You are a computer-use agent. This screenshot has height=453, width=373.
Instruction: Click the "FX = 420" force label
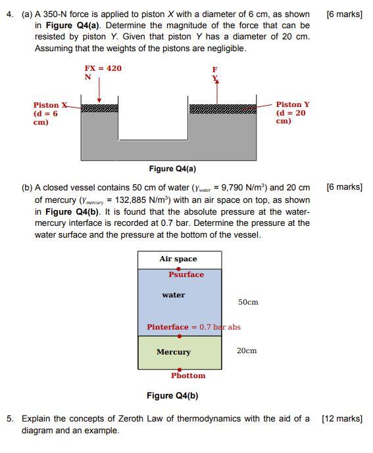point(103,68)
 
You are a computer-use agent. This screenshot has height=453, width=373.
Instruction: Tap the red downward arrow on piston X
point(99,89)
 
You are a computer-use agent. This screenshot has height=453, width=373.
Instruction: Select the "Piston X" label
point(50,105)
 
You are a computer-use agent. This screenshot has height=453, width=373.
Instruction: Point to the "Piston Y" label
point(293,104)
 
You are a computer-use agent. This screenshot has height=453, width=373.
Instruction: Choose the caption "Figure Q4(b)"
point(172,395)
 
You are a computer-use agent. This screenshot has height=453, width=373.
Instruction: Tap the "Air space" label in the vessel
point(178,259)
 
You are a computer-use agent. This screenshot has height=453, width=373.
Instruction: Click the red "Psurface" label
point(186,274)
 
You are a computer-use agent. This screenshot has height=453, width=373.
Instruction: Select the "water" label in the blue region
point(174,295)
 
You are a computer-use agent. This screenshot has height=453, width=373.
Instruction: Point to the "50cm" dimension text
point(248,302)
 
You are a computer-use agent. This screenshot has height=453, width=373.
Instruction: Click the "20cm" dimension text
point(247,351)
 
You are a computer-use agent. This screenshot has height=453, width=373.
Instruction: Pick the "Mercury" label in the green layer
point(173,352)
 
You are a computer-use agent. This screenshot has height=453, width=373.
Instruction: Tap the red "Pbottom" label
point(188,376)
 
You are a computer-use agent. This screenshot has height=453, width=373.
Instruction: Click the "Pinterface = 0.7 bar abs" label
point(193,327)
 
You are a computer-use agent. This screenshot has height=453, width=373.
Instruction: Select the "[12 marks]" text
point(342,418)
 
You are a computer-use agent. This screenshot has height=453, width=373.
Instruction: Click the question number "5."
point(11,418)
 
